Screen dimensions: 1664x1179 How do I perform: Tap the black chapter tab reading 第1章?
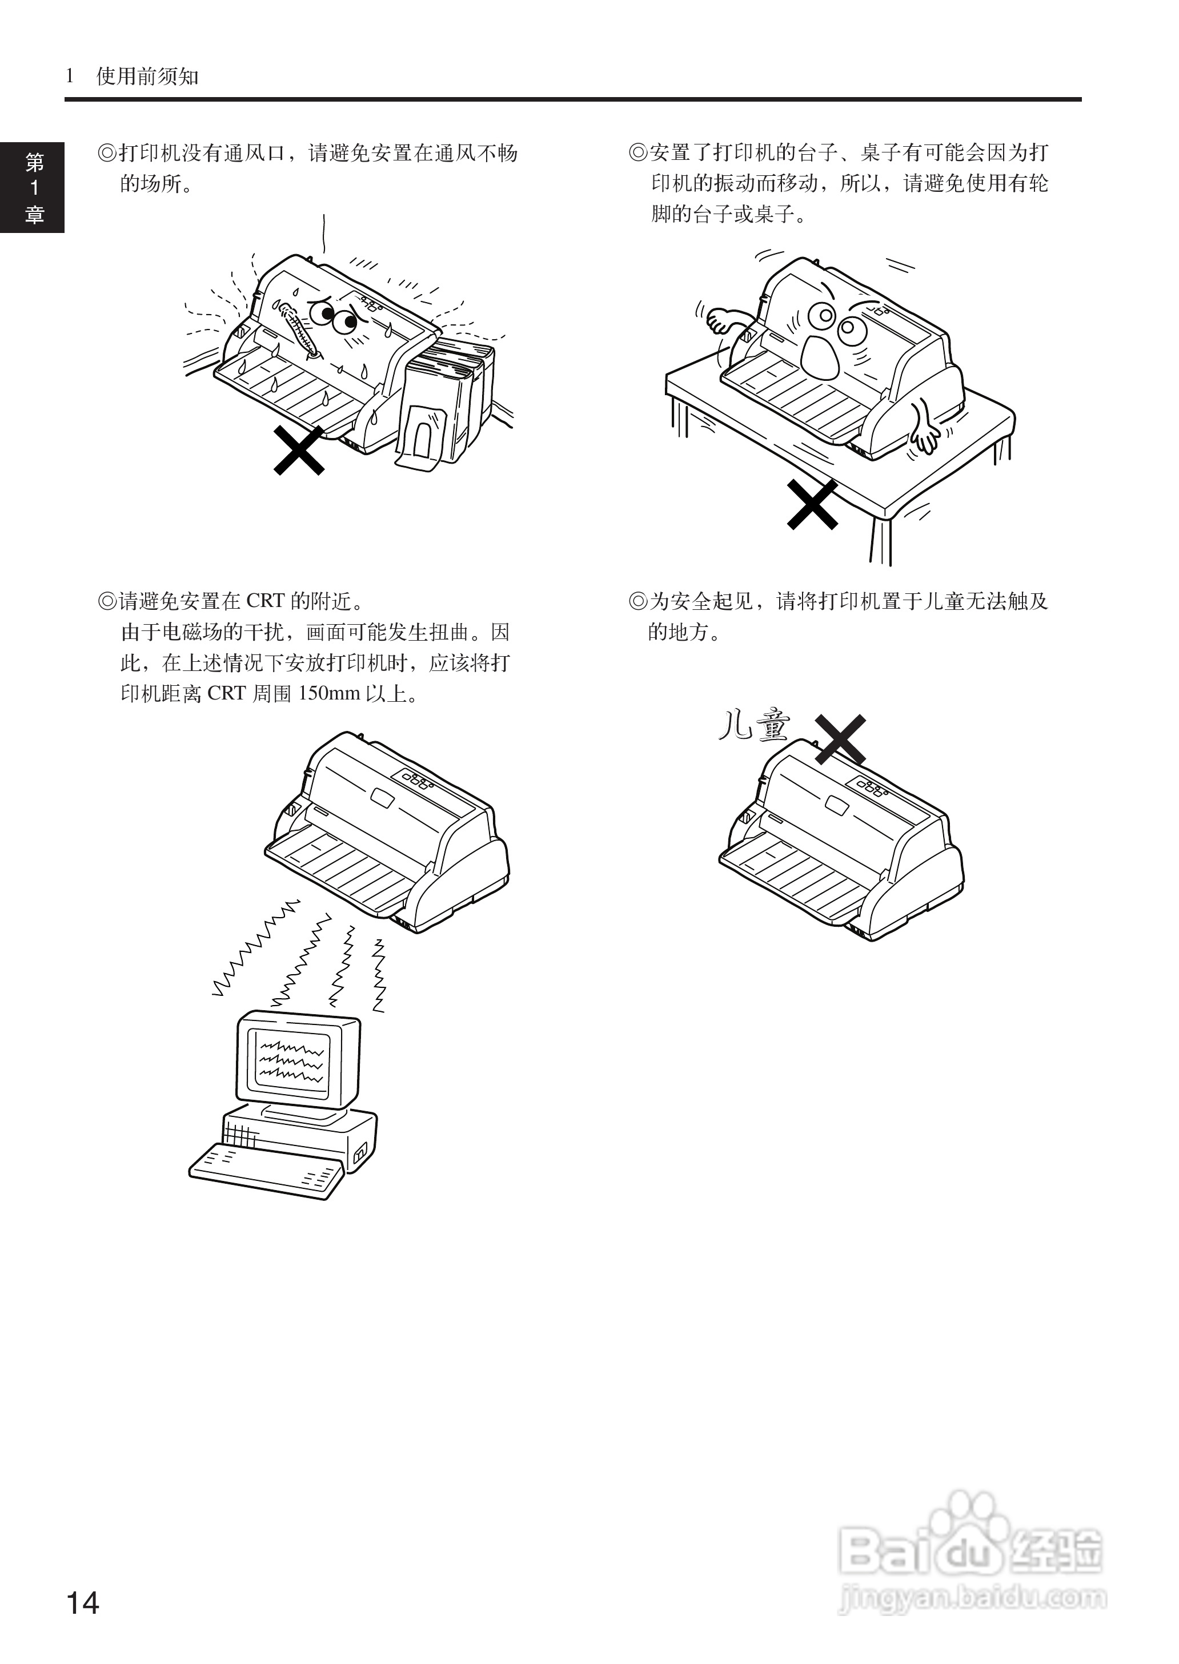[33, 187]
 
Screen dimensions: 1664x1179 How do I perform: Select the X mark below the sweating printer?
[298, 451]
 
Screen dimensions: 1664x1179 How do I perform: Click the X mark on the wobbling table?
[812, 504]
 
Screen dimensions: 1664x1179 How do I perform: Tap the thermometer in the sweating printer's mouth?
[298, 330]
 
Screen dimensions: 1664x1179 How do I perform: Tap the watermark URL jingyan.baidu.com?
[973, 1597]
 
